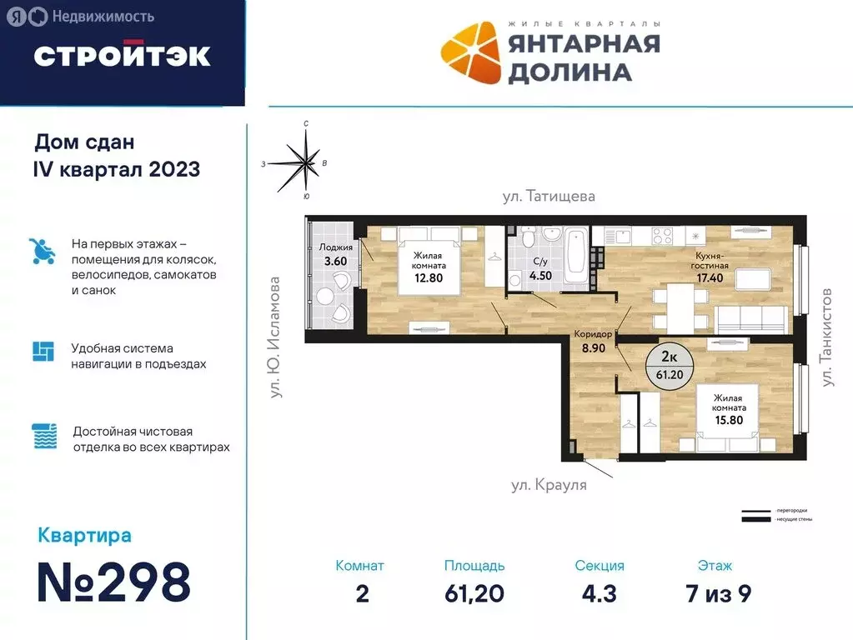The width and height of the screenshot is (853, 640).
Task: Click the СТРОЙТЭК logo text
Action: (x=122, y=55)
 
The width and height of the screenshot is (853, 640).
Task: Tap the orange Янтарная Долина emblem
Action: (x=469, y=53)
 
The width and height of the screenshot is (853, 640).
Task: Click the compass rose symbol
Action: (x=306, y=160)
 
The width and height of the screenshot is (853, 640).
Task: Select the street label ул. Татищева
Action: (x=549, y=197)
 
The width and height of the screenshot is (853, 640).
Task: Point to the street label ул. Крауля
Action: (x=549, y=485)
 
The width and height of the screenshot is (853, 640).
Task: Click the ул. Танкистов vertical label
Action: (x=827, y=337)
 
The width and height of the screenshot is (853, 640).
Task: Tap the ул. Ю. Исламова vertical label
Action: (x=275, y=337)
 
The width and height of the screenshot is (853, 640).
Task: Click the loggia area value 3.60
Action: (x=334, y=261)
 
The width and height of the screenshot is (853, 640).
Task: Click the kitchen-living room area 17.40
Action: (x=711, y=278)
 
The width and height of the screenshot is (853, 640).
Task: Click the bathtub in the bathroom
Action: (x=575, y=256)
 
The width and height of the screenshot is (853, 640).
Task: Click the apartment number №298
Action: (x=114, y=582)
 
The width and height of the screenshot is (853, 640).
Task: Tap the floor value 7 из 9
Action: (x=715, y=593)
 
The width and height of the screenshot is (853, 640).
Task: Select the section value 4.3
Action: (x=600, y=593)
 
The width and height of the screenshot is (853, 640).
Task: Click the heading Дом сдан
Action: (x=84, y=142)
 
